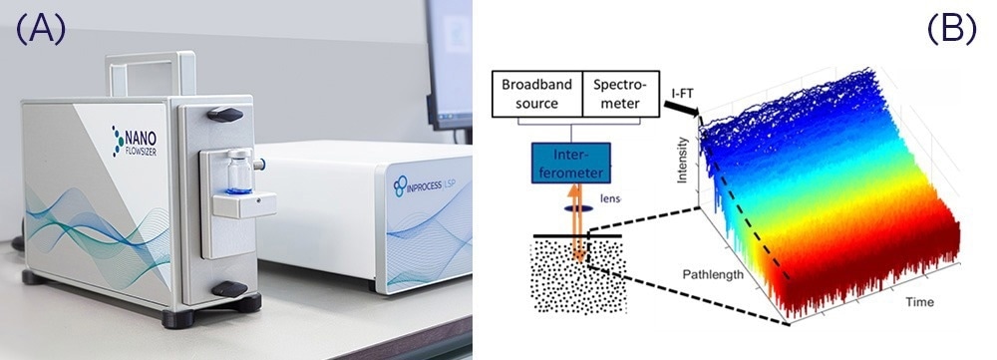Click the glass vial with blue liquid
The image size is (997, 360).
pyautogui.click(x=234, y=171)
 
